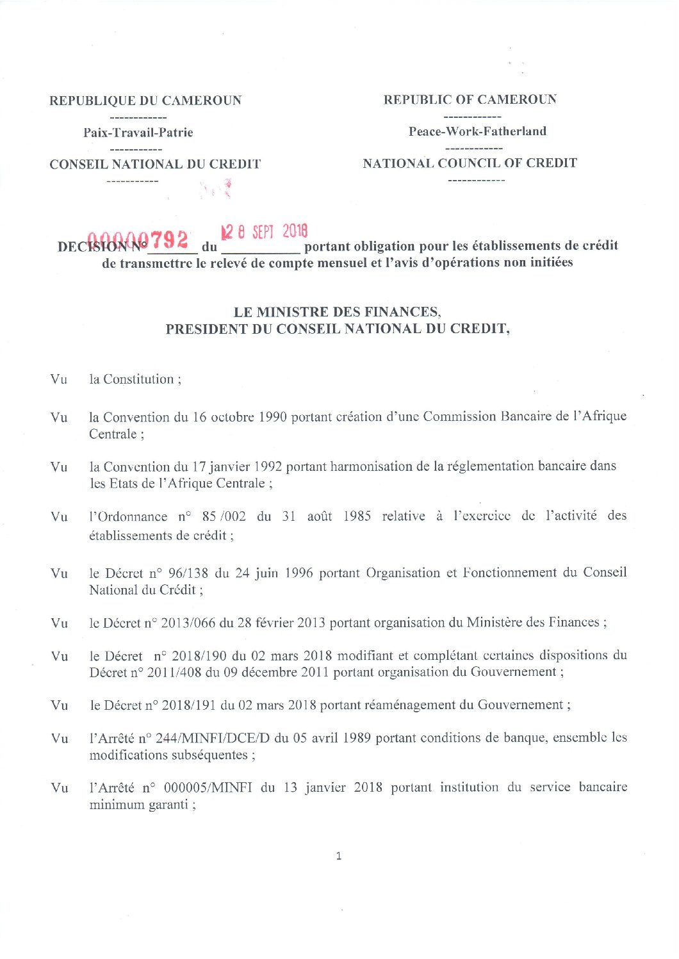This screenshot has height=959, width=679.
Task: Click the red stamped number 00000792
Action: tap(138, 240)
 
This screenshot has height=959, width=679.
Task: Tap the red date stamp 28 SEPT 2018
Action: tap(264, 232)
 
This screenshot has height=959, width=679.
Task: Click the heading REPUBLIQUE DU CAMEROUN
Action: tap(145, 101)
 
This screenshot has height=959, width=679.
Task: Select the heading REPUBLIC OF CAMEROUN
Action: tap(470, 99)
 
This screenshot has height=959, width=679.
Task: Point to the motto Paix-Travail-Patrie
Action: tap(138, 133)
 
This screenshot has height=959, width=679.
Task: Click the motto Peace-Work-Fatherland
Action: tap(477, 131)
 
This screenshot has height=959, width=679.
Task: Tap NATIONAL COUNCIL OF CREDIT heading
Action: tap(470, 163)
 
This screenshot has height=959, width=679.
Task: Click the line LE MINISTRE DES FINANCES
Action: tap(338, 312)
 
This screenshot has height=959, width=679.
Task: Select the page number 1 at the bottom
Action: tap(339, 856)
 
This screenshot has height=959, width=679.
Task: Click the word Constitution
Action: tap(138, 379)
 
